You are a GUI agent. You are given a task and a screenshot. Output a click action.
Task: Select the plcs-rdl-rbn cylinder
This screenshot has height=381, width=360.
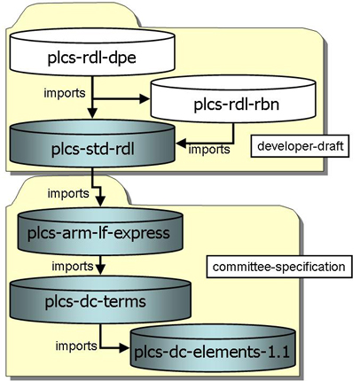click(x=233, y=98)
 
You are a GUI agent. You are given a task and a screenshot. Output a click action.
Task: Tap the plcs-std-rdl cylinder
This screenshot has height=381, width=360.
click(x=92, y=144)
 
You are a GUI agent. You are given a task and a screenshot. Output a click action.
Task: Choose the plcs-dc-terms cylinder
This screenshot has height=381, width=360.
click(x=100, y=299)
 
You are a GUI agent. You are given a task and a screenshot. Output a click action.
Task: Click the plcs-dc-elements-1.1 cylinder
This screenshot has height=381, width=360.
click(x=213, y=348)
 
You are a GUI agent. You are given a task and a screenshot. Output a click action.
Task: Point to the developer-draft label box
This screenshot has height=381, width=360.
click(x=300, y=146)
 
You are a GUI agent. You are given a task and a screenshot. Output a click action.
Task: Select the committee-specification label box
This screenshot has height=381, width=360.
click(x=279, y=267)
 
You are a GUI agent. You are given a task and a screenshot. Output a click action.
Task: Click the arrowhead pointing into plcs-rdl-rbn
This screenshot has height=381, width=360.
click(x=145, y=98)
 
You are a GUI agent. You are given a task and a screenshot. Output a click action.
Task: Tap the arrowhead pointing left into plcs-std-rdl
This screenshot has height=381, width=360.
click(x=181, y=144)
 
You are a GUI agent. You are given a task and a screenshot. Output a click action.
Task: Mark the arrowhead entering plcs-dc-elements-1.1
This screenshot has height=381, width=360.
click(x=125, y=348)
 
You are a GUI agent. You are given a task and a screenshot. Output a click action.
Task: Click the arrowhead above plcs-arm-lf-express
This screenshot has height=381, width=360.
click(x=101, y=201)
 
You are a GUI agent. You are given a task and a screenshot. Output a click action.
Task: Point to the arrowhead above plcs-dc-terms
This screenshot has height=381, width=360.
click(x=101, y=269)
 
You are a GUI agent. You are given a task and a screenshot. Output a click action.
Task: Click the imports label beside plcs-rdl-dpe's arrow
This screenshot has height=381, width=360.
click(x=65, y=93)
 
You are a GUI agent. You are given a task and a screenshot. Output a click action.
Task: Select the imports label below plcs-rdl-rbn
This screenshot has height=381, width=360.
click(x=209, y=150)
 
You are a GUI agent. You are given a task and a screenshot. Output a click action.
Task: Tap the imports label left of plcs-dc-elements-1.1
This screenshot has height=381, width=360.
click(x=76, y=346)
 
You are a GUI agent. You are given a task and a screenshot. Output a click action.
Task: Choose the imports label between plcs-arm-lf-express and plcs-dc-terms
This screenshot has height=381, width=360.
click(x=73, y=266)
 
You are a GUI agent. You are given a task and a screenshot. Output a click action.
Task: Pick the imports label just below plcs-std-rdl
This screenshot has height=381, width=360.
click(x=68, y=193)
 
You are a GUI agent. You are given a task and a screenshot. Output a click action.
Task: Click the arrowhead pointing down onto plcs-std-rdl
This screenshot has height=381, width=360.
click(x=92, y=113)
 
